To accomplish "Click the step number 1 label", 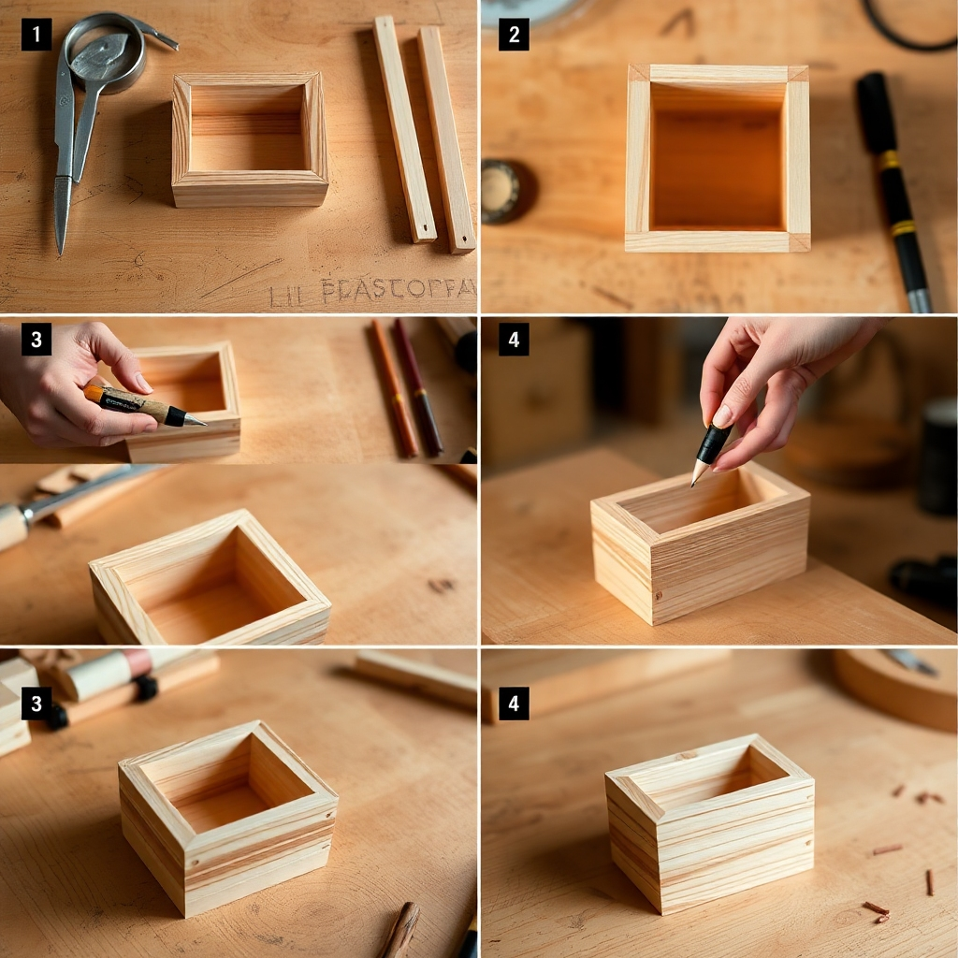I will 36,36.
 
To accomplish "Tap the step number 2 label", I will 514,35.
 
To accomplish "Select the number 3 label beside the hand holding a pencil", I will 36,339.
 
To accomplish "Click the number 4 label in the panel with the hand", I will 514,339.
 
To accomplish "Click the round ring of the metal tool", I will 104,53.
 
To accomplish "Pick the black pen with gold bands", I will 893,188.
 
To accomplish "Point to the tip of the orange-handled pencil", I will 198,422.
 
